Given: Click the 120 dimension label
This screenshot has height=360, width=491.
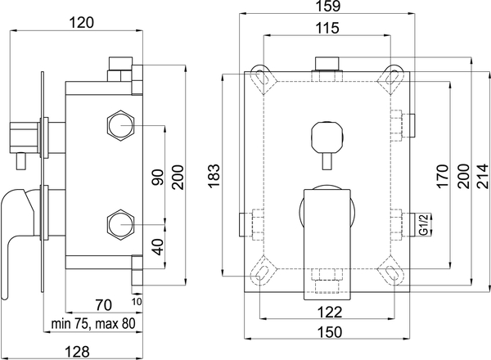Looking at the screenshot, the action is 81,23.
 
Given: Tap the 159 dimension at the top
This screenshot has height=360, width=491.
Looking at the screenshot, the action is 327,6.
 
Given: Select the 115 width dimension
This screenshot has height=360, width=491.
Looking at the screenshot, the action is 327,28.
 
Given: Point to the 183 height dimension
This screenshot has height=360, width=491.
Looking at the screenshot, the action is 214,176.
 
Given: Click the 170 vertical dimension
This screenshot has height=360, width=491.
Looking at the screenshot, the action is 442,176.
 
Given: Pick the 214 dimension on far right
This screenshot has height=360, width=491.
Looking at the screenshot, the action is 483,176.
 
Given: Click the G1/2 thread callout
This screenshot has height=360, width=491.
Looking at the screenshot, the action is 424,224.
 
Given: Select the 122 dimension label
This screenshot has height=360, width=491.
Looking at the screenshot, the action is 330,312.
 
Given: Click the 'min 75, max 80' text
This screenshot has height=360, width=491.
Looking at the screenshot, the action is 93,324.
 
